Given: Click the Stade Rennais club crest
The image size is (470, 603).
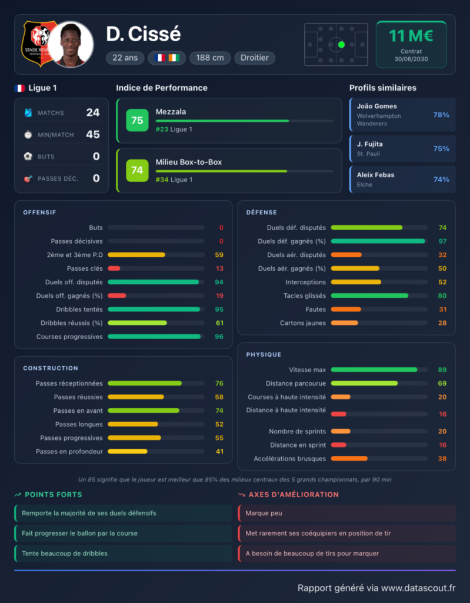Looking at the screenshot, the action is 38,44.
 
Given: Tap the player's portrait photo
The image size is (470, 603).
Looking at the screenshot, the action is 71,44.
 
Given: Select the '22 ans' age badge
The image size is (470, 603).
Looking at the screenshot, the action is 125,58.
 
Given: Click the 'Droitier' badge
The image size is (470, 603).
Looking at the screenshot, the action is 254,58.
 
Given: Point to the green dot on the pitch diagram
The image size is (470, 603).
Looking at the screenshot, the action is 341,45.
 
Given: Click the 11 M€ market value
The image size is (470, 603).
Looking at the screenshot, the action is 411,36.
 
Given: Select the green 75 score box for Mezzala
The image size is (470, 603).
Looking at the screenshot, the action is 137,120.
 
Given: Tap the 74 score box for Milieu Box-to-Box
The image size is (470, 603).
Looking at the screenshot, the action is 137,170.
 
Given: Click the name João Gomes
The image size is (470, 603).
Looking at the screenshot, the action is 376,106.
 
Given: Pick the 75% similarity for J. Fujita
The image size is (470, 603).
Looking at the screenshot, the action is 441,148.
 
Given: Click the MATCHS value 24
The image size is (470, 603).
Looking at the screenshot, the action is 93,112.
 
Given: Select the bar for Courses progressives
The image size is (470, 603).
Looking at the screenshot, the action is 154,336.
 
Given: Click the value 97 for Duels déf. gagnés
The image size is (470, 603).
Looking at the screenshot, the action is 442,241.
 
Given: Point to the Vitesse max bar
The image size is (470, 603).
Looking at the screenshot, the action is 374,370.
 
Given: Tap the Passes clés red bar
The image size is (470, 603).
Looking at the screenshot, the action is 114,269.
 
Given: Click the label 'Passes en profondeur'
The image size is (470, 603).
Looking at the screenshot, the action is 69,452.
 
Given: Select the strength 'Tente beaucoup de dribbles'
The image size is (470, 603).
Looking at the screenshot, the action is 65,554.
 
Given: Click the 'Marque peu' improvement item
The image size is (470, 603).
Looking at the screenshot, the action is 264,513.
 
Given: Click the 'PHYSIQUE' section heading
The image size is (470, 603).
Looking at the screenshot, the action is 264,354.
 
